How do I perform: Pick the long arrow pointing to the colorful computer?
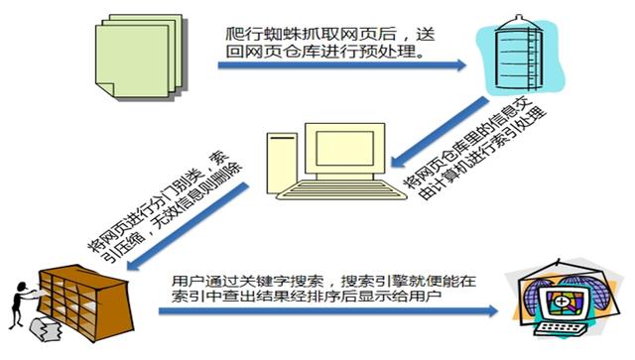pyautogui.click(x=327, y=312)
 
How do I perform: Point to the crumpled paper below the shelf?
pyautogui.click(x=44, y=331)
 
